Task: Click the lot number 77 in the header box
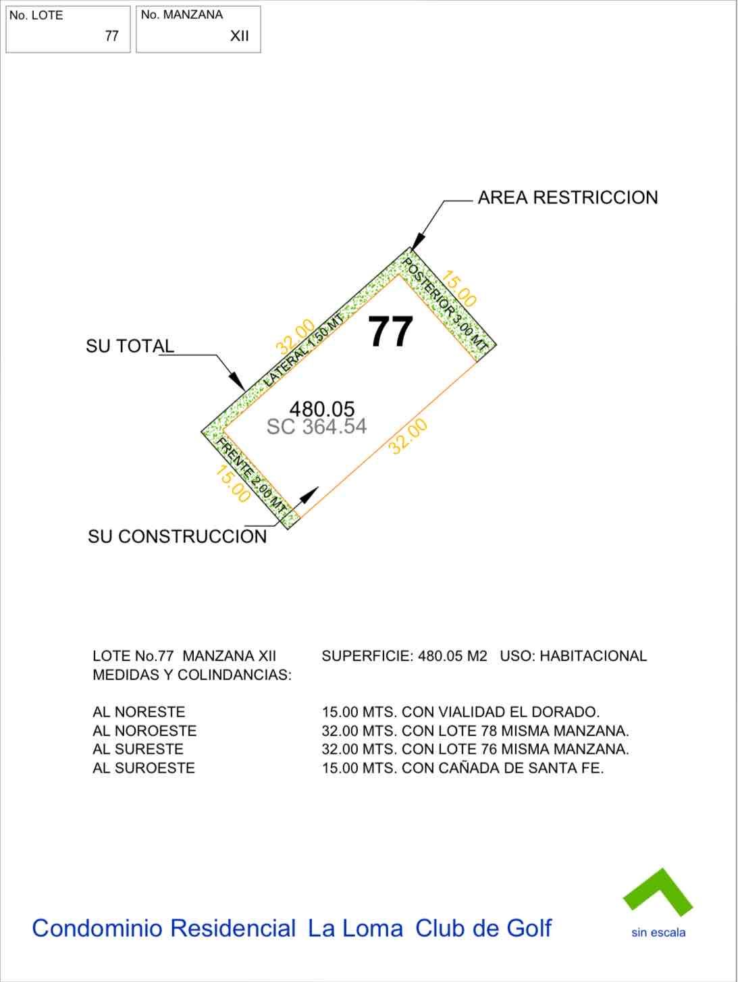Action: tap(112, 36)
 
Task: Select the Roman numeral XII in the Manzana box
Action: tap(240, 36)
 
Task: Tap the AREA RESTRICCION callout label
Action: tap(567, 198)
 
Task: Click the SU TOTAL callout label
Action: tap(130, 346)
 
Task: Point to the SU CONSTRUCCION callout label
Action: tap(177, 537)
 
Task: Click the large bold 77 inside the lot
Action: tap(391, 332)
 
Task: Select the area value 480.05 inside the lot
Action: tap(322, 409)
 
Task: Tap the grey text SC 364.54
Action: tap(317, 427)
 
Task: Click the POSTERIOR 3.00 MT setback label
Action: tap(445, 303)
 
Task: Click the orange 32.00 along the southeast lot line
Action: tap(408, 436)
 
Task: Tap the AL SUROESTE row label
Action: tap(144, 768)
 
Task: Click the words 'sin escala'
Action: tap(658, 933)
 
